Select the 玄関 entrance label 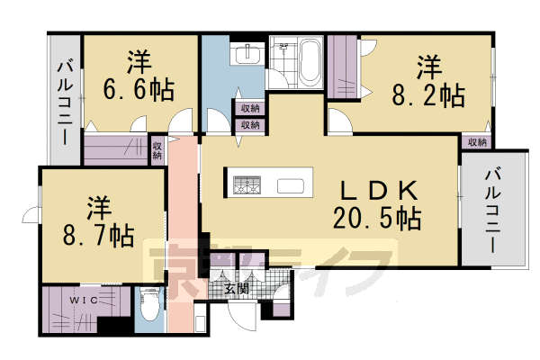pos(237,289)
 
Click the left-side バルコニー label pos(66,103)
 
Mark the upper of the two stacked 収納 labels pos(250,109)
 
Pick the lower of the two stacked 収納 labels pos(250,125)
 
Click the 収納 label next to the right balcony pos(477,141)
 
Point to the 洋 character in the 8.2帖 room pos(428,67)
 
